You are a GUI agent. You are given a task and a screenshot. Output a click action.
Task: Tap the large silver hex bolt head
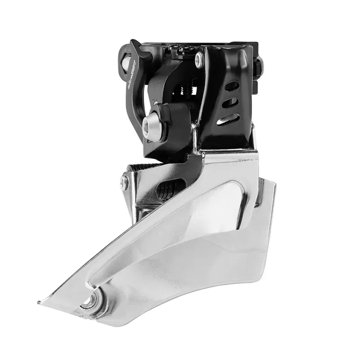[150, 126]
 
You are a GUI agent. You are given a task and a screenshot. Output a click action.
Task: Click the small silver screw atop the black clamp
[199, 60]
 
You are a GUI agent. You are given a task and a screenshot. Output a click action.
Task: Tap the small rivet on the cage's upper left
[124, 182]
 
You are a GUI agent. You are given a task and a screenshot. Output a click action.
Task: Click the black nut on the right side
[258, 67]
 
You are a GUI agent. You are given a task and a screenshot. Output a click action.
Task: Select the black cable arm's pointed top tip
[133, 42]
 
